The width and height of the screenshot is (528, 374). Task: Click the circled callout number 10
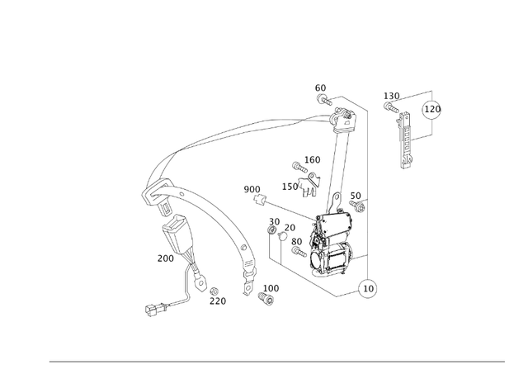tap(368, 289)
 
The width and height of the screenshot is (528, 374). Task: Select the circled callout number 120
tap(432, 109)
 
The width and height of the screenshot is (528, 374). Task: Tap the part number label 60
tap(320, 88)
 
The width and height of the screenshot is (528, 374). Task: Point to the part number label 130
tap(391, 96)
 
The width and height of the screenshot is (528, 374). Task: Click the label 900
tap(252, 190)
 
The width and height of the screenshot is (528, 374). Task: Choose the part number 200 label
tap(166, 258)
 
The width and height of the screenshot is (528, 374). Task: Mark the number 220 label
tap(217, 301)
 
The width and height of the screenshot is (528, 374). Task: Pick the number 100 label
tap(271, 289)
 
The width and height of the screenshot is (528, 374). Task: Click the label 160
tap(312, 160)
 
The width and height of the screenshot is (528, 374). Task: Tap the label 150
tap(290, 187)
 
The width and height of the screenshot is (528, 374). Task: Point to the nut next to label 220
tap(213, 291)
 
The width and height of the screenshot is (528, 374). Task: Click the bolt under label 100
tap(267, 298)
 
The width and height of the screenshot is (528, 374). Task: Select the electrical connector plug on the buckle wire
tap(153, 311)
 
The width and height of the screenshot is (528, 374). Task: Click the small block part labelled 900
tap(260, 201)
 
